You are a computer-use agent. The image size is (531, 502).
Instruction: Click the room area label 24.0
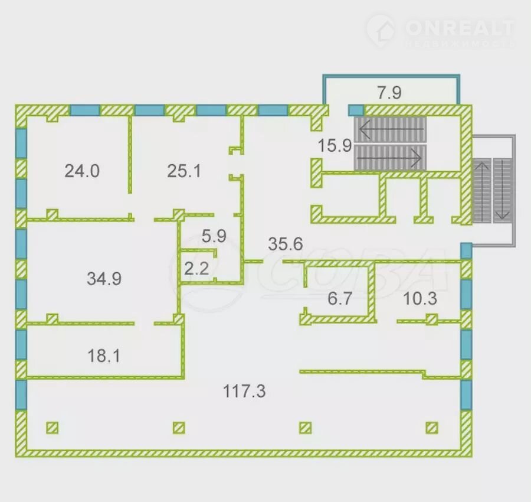click(82, 171)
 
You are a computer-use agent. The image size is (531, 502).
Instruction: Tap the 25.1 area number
click(184, 171)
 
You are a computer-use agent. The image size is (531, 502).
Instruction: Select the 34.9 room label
click(104, 278)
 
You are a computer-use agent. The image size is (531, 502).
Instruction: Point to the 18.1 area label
click(104, 356)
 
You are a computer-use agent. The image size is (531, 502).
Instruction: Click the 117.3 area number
click(244, 390)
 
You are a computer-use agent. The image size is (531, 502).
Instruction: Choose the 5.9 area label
click(214, 236)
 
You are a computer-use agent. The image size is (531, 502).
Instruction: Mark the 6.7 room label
click(340, 298)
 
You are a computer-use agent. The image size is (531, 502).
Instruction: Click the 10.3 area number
click(419, 298)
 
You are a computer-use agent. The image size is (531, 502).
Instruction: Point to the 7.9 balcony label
click(389, 92)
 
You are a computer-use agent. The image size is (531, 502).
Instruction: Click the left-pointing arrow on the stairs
click(392, 126)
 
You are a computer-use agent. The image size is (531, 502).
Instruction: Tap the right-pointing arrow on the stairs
click(392, 157)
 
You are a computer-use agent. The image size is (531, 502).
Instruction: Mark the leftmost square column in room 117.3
click(53, 427)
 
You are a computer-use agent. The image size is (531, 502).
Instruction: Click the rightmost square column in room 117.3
click(432, 427)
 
